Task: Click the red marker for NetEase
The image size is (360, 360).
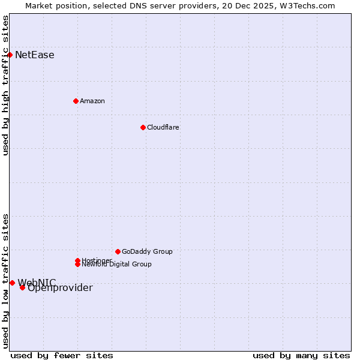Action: pyautogui.click(x=10, y=55)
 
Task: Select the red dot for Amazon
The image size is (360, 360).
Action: pyautogui.click(x=76, y=101)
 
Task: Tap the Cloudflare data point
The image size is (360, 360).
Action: pyautogui.click(x=143, y=127)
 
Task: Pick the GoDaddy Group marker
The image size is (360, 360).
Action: pyautogui.click(x=118, y=251)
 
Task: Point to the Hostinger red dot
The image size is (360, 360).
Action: pyautogui.click(x=77, y=260)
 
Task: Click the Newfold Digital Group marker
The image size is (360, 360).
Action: pyautogui.click(x=77, y=265)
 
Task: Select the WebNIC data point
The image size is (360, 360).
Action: pyautogui.click(x=12, y=283)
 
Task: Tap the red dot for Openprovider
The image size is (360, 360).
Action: pyautogui.click(x=22, y=287)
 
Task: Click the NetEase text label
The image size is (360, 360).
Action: pyautogui.click(x=35, y=55)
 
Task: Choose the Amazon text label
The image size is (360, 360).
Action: pyautogui.click(x=92, y=101)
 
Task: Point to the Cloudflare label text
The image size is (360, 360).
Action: pyautogui.click(x=163, y=127)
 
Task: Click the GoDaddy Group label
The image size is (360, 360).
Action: pyautogui.click(x=147, y=251)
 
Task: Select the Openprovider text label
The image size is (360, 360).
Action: pyautogui.click(x=60, y=288)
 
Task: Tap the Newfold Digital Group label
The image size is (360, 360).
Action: pyautogui.click(x=116, y=265)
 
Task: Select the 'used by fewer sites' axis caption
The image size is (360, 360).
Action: pyautogui.click(x=62, y=355)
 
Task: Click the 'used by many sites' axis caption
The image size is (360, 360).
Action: pyautogui.click(x=301, y=355)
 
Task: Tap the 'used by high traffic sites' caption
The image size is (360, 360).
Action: pyautogui.click(x=5, y=85)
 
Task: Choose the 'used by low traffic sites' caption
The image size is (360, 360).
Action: pyautogui.click(x=5, y=280)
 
